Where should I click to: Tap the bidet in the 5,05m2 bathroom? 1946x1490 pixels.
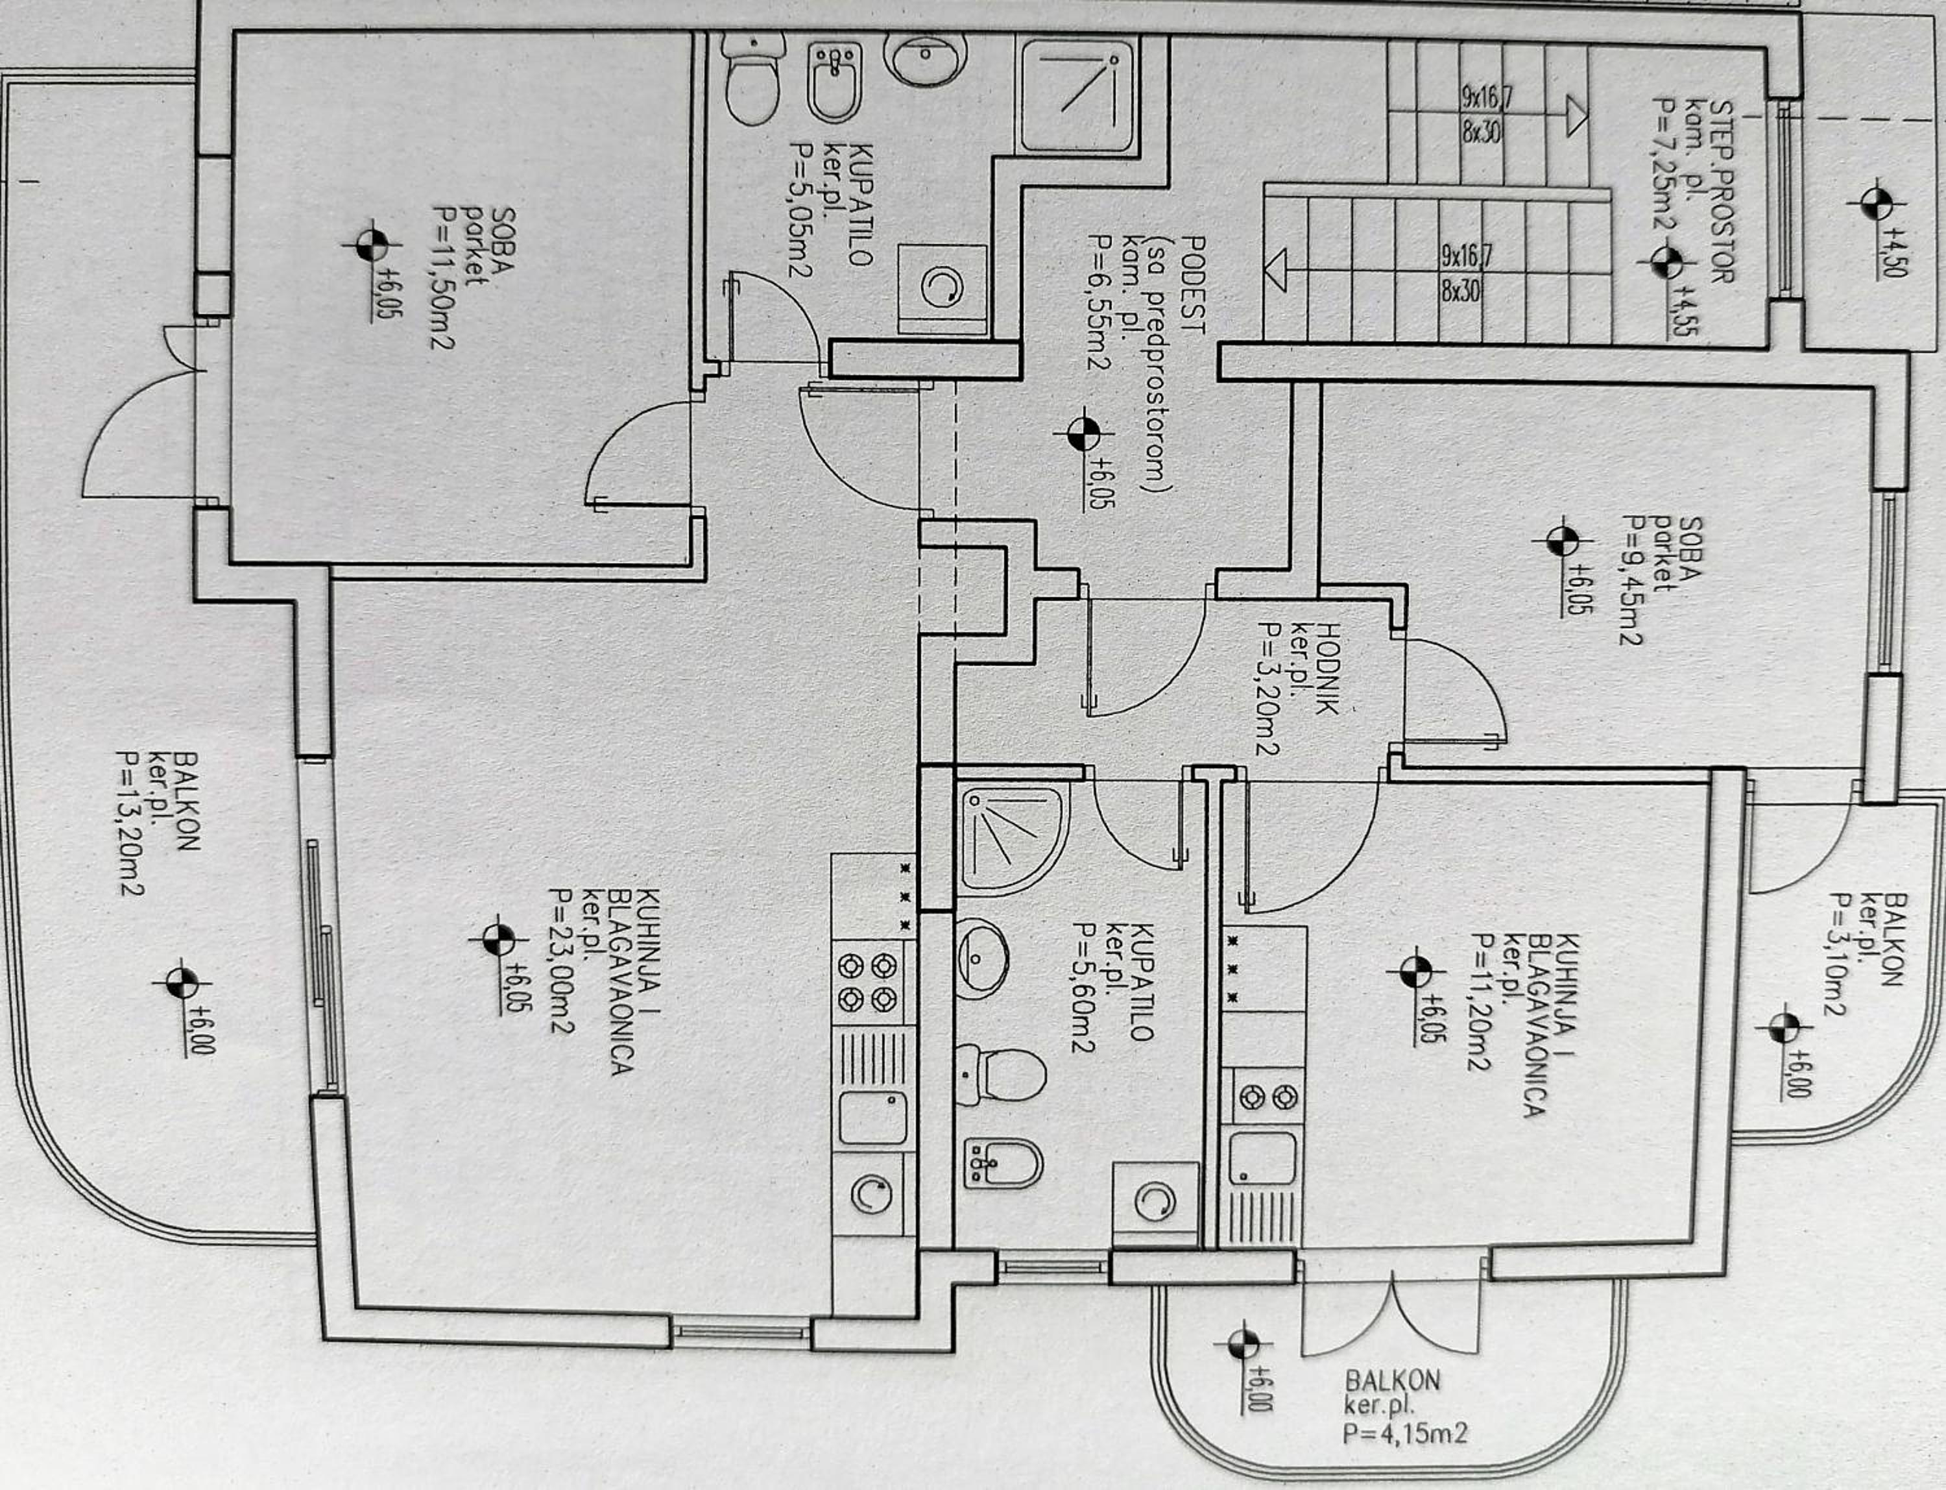click(834, 82)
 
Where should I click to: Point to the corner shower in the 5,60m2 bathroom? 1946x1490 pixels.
click(1011, 839)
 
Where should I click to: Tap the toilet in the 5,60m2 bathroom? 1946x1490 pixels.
click(1000, 1074)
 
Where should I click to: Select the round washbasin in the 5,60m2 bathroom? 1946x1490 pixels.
click(981, 958)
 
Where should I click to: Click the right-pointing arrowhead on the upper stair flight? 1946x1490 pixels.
click(1576, 116)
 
